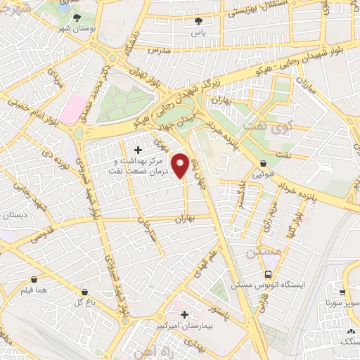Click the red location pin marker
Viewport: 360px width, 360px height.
tap(181, 166)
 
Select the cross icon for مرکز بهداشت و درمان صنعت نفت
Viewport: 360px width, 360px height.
tap(138, 150)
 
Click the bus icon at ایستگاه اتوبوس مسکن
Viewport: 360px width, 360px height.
tap(267, 275)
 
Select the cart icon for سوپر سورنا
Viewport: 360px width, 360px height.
tap(342, 293)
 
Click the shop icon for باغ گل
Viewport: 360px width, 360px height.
tap(85, 292)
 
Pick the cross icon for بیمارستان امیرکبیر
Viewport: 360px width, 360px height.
tap(184, 314)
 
